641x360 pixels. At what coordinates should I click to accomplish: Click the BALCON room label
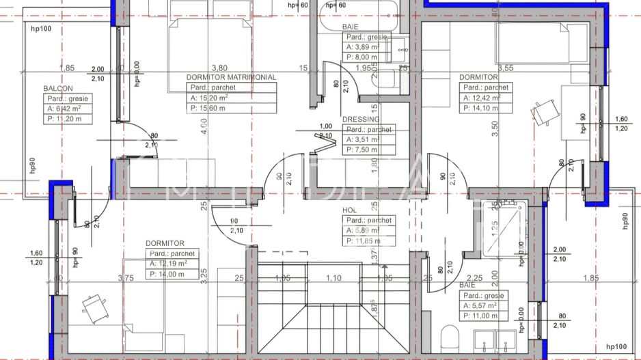pyautogui.click(x=58, y=89)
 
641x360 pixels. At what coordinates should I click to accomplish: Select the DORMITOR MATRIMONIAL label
pyautogui.click(x=231, y=78)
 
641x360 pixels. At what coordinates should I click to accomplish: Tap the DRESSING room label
pyautogui.click(x=360, y=119)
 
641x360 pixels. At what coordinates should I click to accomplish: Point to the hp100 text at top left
pyautogui.click(x=42, y=29)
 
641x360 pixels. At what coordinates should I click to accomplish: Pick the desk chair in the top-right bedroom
pyautogui.click(x=543, y=113)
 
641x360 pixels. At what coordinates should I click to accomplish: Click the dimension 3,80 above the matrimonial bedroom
pyautogui.click(x=219, y=68)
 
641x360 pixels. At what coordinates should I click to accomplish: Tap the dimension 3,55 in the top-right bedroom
pyautogui.click(x=505, y=68)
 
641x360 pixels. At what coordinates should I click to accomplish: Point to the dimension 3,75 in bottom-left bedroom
pyautogui.click(x=125, y=278)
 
